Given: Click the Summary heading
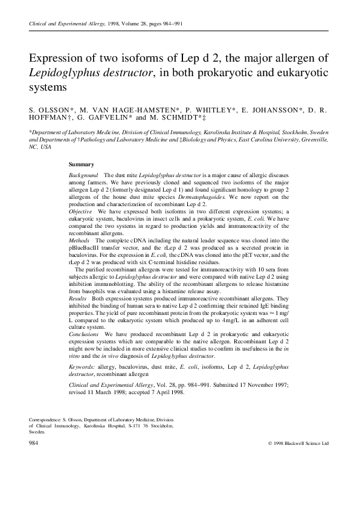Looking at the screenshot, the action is pos(81,164).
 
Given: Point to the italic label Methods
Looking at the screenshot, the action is pos(80,240).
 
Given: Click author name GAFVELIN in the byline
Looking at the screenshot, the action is pos(100,120).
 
